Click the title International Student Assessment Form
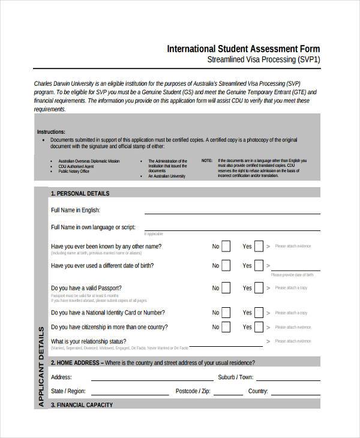pyautogui.click(x=243, y=49)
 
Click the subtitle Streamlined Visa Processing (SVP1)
pyautogui.click(x=263, y=60)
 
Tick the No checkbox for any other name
pyautogui.click(x=226, y=246)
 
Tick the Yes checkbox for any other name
pyautogui.click(x=259, y=246)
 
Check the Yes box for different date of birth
pyautogui.click(x=259, y=266)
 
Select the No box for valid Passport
pyautogui.click(x=226, y=288)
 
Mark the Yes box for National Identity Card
pyautogui.click(x=259, y=313)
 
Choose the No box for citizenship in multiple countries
pyautogui.click(x=226, y=328)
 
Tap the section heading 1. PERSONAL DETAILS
pyautogui.click(x=80, y=193)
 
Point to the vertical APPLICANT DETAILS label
pyautogui.click(x=41, y=367)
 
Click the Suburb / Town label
pyautogui.click(x=236, y=377)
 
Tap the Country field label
pyautogui.click(x=257, y=391)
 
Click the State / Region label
pyautogui.click(x=69, y=391)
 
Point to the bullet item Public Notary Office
pyautogui.click(x=73, y=171)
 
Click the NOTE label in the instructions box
pyautogui.click(x=206, y=161)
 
